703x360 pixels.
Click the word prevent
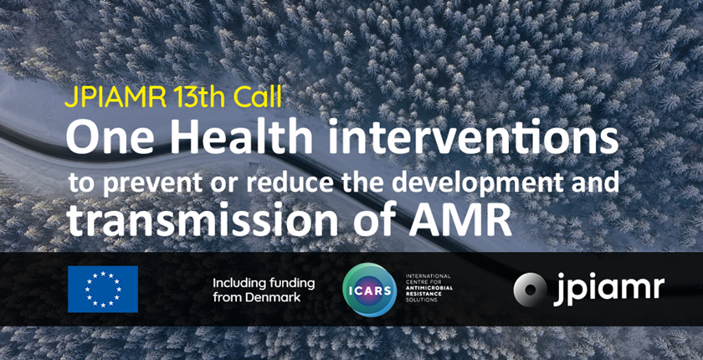[146, 185]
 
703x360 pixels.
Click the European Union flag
[103, 289]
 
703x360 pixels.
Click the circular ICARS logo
[369, 290]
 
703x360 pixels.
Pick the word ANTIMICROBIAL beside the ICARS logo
[428, 286]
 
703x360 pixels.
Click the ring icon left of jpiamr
[530, 289]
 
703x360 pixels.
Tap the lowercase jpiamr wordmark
[608, 290]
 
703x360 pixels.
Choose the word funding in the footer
[292, 285]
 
